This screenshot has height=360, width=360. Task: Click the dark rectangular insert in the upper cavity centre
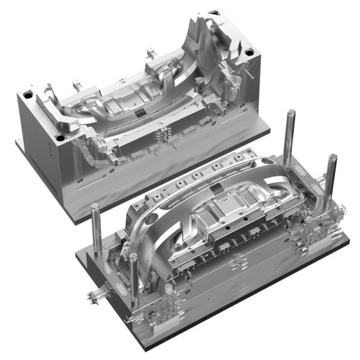[139, 113]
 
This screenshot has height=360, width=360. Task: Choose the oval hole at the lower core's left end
[157, 213]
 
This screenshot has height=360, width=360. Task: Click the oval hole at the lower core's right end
[265, 162]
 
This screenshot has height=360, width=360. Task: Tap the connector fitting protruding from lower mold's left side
[94, 295]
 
